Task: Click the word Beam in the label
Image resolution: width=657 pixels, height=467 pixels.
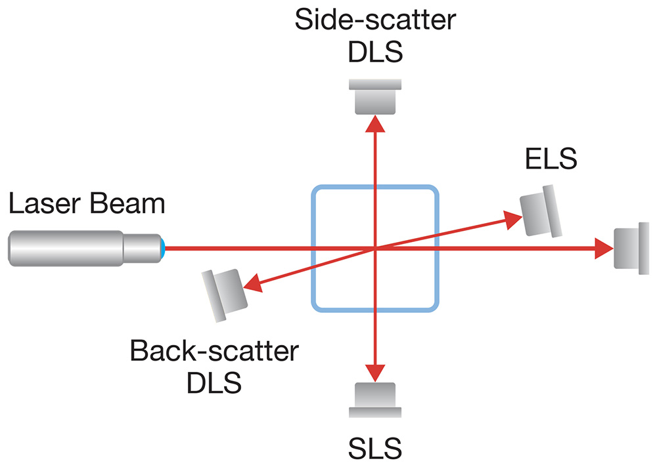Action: [x=129, y=204]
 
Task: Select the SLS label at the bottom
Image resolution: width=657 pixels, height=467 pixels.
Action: [x=374, y=450]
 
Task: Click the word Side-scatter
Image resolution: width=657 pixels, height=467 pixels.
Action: [x=374, y=20]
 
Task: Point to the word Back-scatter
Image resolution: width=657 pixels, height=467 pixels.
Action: [x=214, y=352]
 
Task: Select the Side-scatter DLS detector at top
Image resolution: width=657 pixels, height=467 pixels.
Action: [x=374, y=96]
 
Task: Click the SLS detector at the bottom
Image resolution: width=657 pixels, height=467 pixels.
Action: [x=374, y=399]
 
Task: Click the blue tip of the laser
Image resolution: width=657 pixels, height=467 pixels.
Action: [x=162, y=247]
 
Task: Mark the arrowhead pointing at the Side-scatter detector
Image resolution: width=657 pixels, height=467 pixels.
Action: [x=374, y=123]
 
